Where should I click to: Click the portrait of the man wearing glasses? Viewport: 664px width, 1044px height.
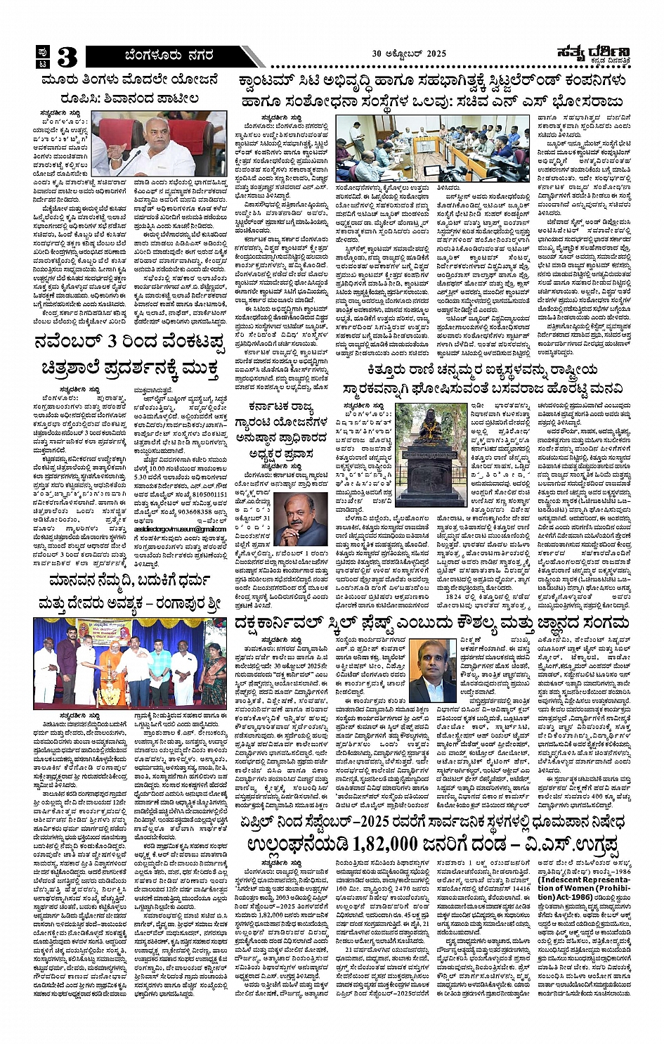coord(434,669)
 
